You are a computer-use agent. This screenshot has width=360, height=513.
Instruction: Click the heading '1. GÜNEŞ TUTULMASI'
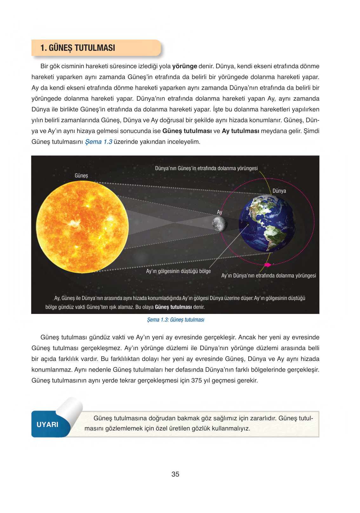78,48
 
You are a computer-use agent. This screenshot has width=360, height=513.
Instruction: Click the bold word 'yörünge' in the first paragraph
184,66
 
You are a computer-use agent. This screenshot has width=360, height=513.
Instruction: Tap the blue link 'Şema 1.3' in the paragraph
98,142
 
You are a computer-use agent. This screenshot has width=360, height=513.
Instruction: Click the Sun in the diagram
82,227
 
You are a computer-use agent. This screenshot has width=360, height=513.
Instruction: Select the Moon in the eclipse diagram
219,224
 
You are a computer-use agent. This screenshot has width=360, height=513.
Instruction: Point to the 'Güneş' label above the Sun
81,176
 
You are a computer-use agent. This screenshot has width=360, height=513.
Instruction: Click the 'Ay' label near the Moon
220,212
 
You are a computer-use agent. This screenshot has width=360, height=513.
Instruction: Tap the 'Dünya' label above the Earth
279,191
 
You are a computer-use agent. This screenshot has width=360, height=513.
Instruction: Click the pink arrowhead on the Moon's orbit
268,265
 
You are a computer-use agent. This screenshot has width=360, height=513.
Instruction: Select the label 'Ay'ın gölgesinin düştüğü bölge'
178,271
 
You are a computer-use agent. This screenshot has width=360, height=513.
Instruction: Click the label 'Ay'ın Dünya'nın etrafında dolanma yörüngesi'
269,276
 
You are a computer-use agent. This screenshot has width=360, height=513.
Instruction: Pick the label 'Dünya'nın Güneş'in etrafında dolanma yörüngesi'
206,168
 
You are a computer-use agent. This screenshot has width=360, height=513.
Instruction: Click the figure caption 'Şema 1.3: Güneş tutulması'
176,320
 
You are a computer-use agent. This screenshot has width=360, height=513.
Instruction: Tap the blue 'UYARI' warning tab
48,424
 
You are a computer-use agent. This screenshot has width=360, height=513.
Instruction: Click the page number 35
175,474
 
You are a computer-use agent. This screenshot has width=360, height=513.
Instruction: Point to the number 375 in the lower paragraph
197,381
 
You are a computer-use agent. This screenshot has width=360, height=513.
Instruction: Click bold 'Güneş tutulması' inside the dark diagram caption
173,307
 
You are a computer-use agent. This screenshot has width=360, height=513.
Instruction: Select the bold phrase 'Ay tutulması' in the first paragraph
240,131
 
